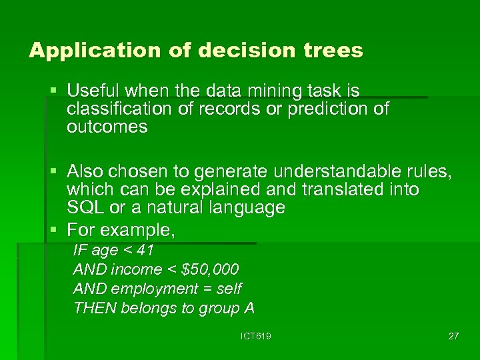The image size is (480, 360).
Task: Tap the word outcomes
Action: click(107, 127)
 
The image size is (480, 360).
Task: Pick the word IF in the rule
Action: click(79, 251)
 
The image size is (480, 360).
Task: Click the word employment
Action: click(154, 289)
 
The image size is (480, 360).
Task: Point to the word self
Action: click(229, 289)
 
